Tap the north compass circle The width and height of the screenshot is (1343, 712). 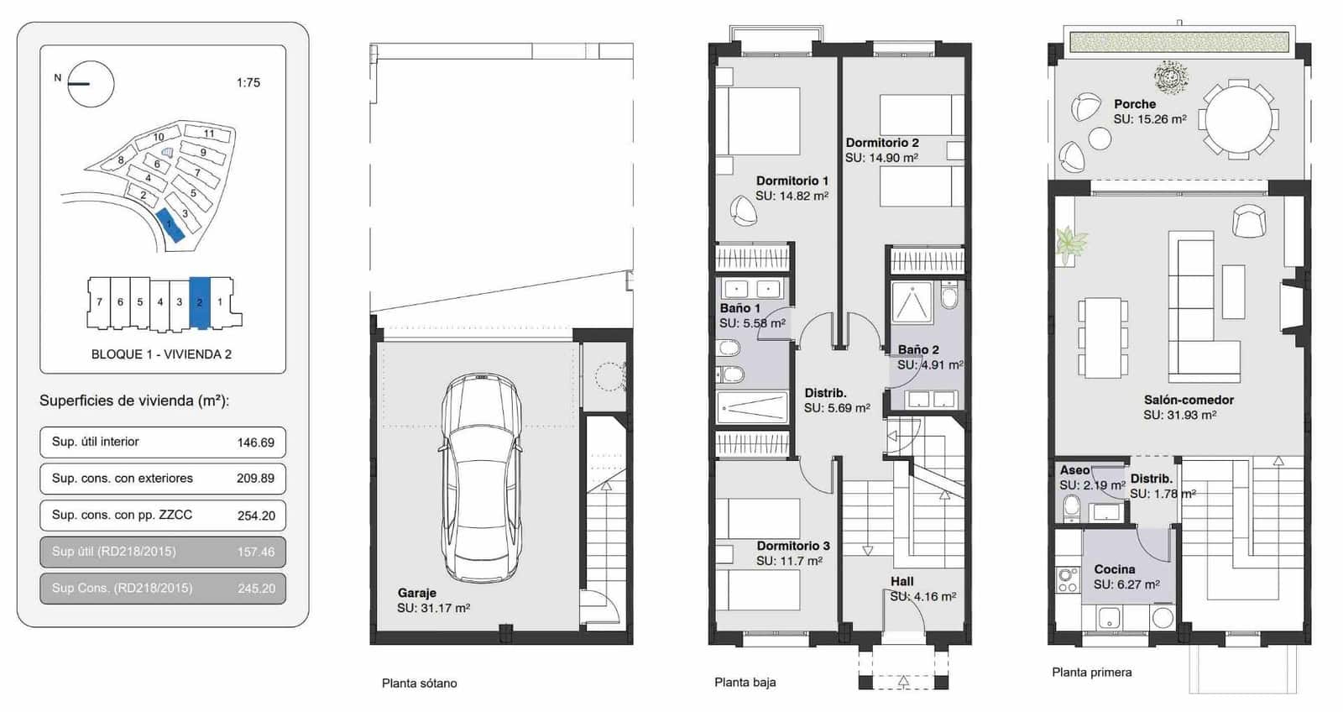(91, 84)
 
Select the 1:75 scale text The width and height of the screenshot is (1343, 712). (248, 83)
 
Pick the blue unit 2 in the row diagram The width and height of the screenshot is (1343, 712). (200, 302)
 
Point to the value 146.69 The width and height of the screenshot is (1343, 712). (255, 442)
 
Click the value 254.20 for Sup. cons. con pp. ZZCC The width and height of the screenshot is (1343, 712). (256, 516)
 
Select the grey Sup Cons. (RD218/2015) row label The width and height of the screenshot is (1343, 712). (122, 588)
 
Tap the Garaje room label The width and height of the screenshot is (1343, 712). (416, 593)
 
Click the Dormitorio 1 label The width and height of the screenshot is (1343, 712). (792, 181)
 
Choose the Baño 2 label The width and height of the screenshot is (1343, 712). (918, 349)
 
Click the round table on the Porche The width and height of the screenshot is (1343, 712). (1238, 118)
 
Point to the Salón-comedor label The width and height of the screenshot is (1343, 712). (1189, 400)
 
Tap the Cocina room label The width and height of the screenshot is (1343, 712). (1114, 569)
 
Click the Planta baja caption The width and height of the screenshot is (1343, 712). (745, 682)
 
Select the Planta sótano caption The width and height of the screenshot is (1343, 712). (419, 683)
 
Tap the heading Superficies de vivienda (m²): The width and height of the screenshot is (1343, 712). (134, 400)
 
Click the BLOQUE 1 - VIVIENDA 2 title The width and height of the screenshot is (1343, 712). (161, 354)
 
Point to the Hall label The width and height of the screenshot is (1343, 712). (901, 581)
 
